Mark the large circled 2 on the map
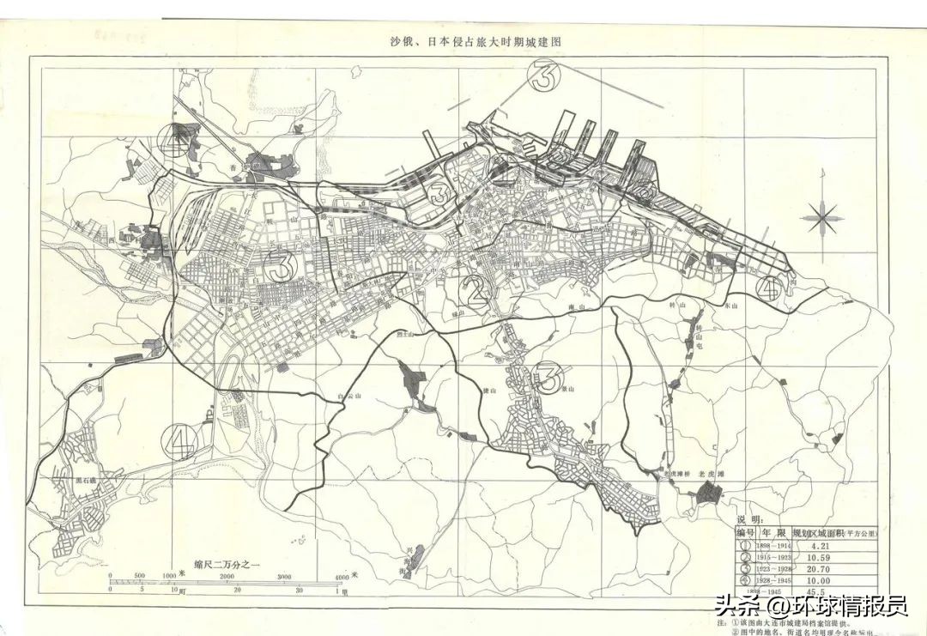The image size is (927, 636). click(x=476, y=291)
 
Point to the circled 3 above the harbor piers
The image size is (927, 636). click(x=543, y=77)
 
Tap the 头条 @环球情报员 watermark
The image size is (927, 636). click(x=811, y=606)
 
